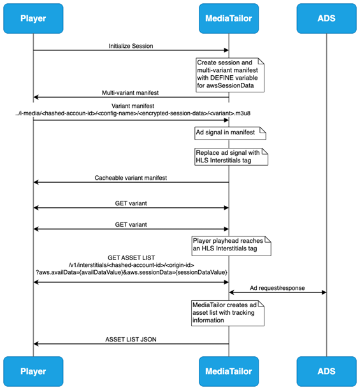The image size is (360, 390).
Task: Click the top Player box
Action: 33,18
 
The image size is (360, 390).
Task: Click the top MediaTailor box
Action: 229,18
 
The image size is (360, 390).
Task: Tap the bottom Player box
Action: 33,372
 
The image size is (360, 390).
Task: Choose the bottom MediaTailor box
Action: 229,372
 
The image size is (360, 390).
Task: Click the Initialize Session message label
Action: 131,45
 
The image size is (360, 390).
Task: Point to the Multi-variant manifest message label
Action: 131,92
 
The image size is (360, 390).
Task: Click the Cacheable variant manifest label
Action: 131,177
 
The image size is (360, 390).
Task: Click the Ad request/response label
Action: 278,287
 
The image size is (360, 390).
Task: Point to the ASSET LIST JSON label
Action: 131,339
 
